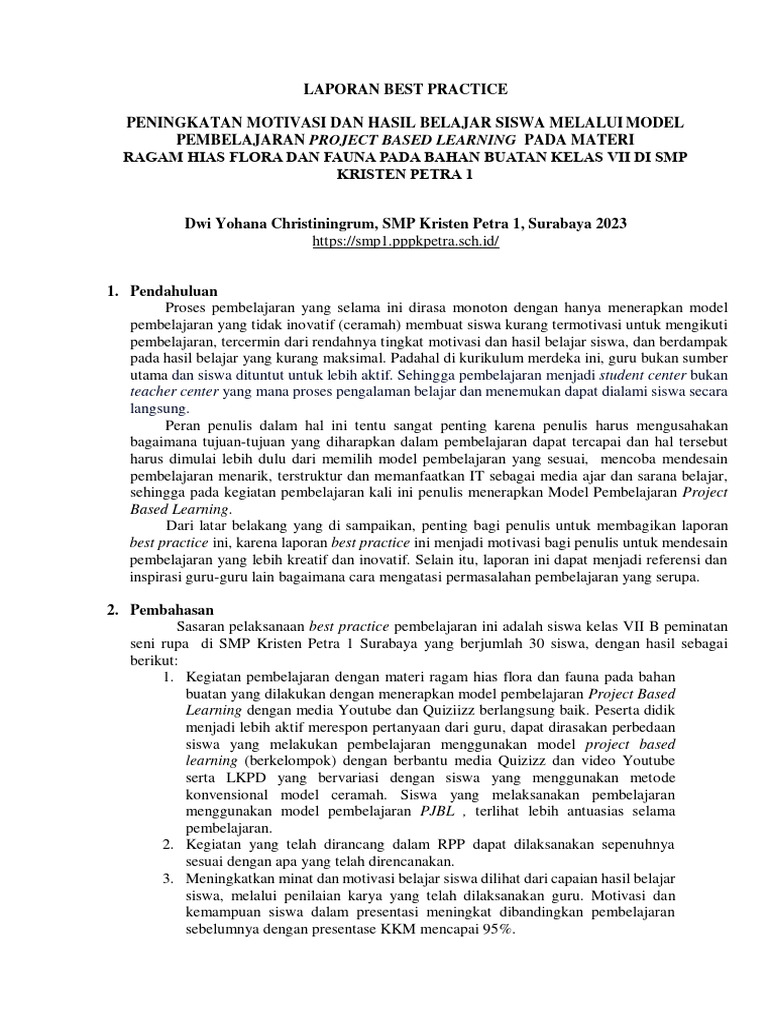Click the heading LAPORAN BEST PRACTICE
(x=383, y=87)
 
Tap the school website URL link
(x=383, y=242)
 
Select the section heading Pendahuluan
(x=176, y=290)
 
